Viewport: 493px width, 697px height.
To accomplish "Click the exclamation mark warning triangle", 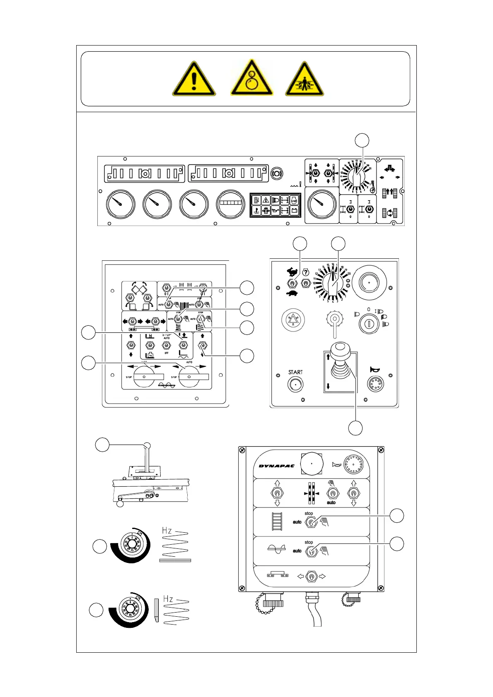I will pos(194,79).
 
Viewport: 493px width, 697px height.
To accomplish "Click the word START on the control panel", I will pos(295,372).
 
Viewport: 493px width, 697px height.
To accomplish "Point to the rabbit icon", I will pos(292,272).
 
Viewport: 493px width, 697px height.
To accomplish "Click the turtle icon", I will pos(292,293).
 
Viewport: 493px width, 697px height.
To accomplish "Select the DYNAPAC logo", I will pos(276,466).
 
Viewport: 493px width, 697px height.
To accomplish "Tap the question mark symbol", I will pos(306,272).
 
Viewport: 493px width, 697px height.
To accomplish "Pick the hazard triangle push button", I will pos(293,320).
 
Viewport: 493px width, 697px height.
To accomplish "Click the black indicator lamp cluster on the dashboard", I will pos(275,205).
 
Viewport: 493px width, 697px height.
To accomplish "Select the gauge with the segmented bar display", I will pos(230,204).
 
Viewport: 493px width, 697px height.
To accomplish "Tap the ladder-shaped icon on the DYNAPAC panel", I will pos(277,522).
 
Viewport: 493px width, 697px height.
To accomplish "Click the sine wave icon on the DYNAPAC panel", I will pos(276,549).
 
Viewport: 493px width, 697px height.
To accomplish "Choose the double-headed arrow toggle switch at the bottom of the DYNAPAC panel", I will pos(312,576).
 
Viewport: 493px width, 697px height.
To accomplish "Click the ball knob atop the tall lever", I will pos(147,446).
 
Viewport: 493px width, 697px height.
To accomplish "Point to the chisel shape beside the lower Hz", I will pos(156,610).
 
